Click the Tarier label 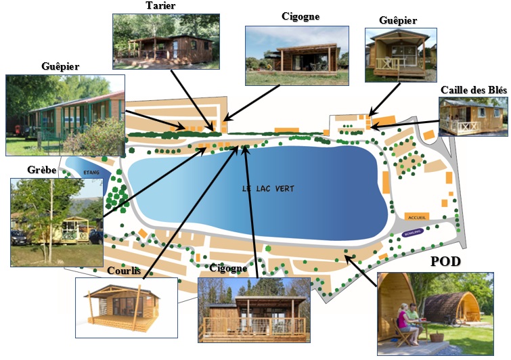161,6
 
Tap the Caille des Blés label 473,90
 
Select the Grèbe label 24,171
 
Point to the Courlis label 124,271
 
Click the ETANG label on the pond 91,173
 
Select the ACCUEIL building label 418,217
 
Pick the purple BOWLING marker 412,233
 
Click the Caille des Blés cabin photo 472,116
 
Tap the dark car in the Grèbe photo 19,238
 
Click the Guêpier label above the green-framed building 60,66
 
